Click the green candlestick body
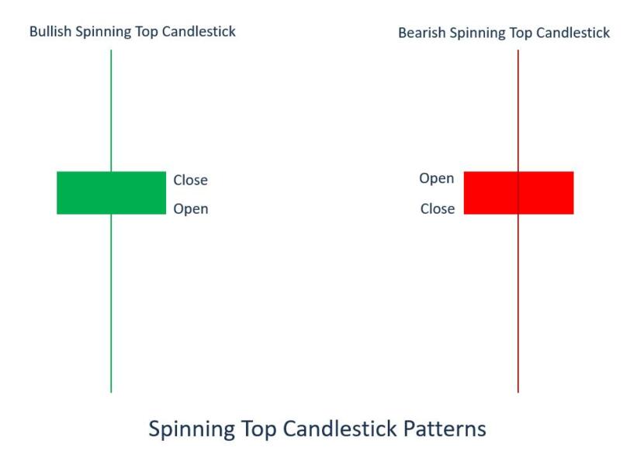pos(111,193)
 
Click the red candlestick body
pos(519,193)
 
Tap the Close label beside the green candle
pos(191,180)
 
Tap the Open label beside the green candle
pos(191,209)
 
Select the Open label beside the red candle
pos(437,178)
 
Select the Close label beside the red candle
pos(438,209)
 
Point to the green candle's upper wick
pos(111,111)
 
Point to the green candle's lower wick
pos(111,304)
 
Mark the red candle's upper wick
pos(518,111)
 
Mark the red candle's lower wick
pos(518,304)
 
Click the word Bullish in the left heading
pos(50,31)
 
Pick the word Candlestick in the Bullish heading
pos(199,31)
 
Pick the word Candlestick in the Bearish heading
pos(573,33)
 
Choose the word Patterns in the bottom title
pos(445,429)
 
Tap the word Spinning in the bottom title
pos(192,429)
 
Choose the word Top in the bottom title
pos(259,429)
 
